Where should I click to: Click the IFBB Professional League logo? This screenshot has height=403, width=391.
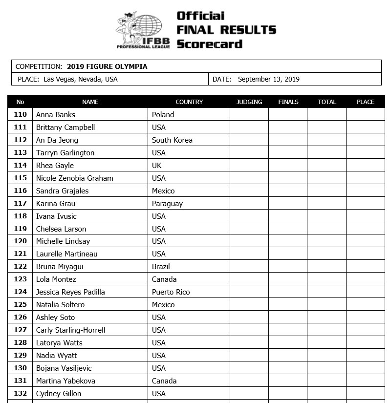pos(143,30)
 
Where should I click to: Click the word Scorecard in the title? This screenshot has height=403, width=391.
pos(209,44)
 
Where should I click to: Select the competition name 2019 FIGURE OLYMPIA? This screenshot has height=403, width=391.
pos(107,66)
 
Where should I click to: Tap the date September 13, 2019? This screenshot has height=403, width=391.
pos(268,79)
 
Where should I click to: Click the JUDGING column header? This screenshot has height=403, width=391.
pos(249,102)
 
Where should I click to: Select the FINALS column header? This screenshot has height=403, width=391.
pos(288,102)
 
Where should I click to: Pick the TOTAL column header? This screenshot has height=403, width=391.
pos(327,102)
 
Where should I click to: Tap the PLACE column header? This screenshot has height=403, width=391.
pos(366,102)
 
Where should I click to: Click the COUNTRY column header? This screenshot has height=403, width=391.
pos(189,102)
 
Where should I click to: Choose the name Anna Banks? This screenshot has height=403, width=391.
pos(56,115)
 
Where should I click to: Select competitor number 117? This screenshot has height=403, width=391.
pos(21,203)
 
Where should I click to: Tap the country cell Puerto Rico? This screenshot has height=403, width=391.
pos(171,292)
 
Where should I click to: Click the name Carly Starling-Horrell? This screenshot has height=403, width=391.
pos(70,330)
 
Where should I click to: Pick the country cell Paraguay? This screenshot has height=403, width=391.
pos(167,203)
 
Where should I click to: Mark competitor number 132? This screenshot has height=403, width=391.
pos(21,393)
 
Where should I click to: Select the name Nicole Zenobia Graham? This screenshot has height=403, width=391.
pos(74,178)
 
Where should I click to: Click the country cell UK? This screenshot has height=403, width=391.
pos(156,166)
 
